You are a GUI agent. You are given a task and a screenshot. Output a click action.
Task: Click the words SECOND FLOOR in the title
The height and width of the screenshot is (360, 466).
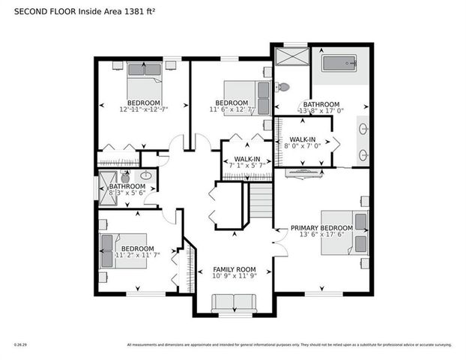(x=38, y=10)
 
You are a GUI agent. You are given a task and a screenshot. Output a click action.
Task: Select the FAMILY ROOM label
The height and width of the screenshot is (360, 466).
(x=234, y=269)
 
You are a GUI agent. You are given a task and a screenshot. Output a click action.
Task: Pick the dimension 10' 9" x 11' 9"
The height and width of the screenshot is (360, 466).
(x=234, y=277)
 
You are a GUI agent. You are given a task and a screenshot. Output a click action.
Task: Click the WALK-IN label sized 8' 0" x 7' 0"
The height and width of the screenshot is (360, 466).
(x=303, y=139)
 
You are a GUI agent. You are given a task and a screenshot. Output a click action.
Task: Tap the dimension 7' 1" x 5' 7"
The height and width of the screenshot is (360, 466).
(x=246, y=166)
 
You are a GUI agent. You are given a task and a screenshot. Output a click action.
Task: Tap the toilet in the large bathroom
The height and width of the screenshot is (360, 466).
(x=283, y=86)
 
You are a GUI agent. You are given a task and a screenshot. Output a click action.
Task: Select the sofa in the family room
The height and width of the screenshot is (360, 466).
(x=234, y=303)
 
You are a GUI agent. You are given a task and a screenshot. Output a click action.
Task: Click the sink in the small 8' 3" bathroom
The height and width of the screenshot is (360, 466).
(x=146, y=177)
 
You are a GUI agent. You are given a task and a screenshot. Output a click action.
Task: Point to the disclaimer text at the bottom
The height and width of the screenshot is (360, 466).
(x=289, y=345)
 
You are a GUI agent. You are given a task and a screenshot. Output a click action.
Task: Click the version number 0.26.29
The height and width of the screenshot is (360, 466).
(x=20, y=345)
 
